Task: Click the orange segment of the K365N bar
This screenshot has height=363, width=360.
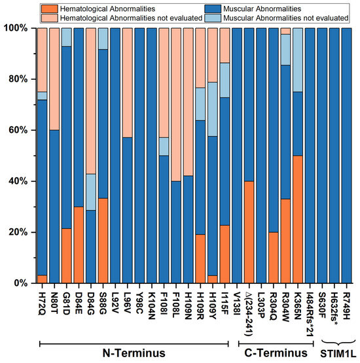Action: pos(298,219)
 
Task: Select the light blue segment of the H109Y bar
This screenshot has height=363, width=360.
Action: pos(213,109)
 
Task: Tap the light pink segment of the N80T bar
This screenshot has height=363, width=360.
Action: pos(54,79)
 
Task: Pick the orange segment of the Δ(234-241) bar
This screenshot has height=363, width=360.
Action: pos(249,232)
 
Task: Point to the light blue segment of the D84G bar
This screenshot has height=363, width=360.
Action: pos(91,192)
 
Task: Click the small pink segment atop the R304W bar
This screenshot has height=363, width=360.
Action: pos(285,31)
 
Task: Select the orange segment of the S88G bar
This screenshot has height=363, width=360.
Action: pos(103,241)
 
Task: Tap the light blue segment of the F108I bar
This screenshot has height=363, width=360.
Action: pos(164,147)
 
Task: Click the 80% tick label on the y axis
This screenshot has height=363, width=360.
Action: pos(18,79)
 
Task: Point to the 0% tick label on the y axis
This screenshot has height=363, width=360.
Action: pos(21,283)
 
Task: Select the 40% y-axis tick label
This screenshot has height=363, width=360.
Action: pos(18,181)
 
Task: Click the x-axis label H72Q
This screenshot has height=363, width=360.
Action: pos(43,307)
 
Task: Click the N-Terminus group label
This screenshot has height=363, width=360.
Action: pos(134,353)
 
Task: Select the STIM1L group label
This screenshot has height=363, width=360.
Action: pos(338,354)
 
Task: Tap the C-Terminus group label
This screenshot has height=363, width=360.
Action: pos(276,353)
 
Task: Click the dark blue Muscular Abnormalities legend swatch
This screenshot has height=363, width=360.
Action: pos(213,9)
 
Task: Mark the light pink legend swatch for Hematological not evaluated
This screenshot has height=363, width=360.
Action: pos(50,18)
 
